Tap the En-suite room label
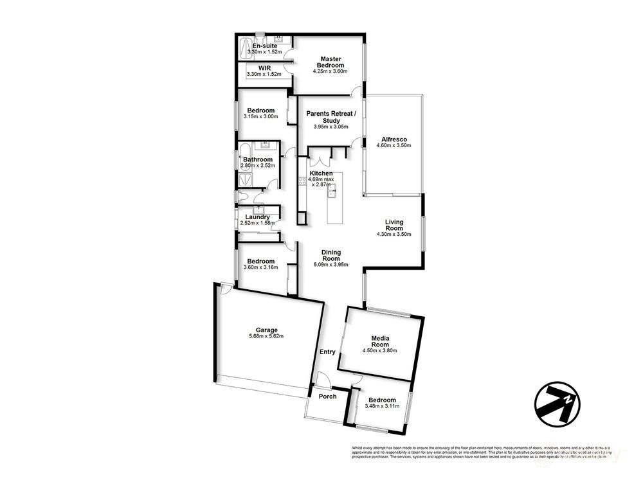click(x=265, y=46)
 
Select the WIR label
click(x=264, y=68)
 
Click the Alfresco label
click(x=394, y=139)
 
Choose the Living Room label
click(x=394, y=225)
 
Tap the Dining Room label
click(x=331, y=256)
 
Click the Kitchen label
click(x=321, y=174)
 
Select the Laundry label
click(x=257, y=217)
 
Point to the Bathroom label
click(x=257, y=159)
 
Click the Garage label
click(x=266, y=330)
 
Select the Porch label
click(x=328, y=397)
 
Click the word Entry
click(x=327, y=352)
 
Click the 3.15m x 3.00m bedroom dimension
click(x=261, y=117)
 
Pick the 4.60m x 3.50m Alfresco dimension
click(x=394, y=146)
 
